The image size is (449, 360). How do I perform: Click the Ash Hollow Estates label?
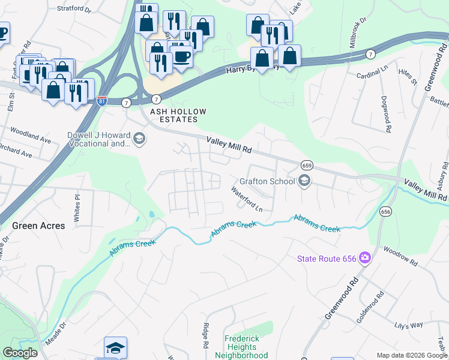[x=174, y=115]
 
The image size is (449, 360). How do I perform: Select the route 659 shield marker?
[x=307, y=165]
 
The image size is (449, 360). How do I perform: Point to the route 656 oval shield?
[x=385, y=211]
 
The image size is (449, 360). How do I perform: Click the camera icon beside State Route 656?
[x=364, y=259]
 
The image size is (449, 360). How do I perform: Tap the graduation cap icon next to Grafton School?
[x=304, y=181]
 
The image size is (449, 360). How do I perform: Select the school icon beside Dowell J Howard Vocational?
[x=139, y=140]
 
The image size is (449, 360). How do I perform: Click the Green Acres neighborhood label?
[x=35, y=226]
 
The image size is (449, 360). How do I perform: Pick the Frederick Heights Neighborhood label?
[x=242, y=347]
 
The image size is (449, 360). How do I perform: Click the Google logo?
[x=20, y=353]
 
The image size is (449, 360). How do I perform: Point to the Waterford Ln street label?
[x=247, y=199]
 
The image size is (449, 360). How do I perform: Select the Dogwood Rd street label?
[x=388, y=120]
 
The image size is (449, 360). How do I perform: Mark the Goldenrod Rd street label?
[x=370, y=307]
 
